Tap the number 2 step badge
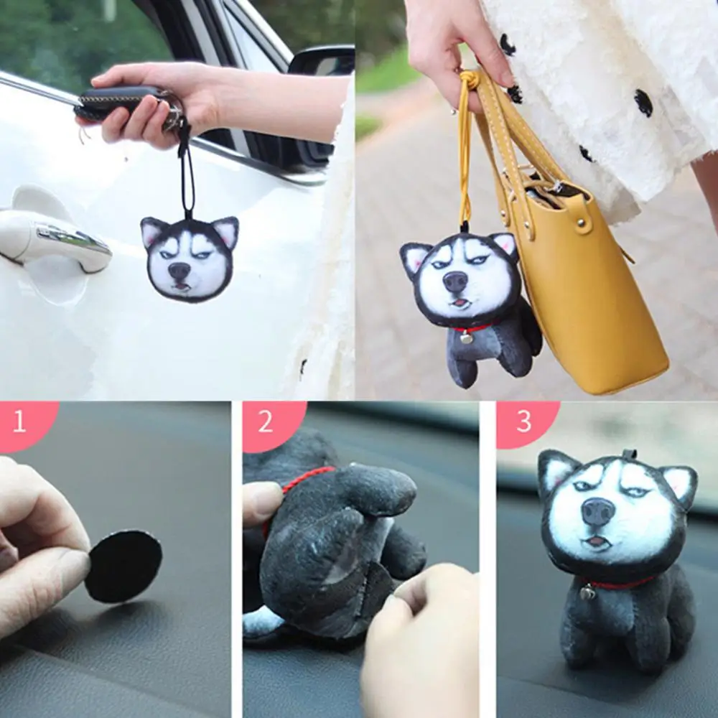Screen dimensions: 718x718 [x=266, y=421]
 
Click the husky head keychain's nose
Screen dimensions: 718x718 [x=179, y=271]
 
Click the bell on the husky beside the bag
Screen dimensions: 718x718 [x=467, y=337]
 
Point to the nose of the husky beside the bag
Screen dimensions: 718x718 [x=455, y=281]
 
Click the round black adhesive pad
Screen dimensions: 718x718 [x=123, y=567]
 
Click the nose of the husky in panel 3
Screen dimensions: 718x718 [x=597, y=511]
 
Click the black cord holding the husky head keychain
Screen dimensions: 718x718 [x=187, y=172]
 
